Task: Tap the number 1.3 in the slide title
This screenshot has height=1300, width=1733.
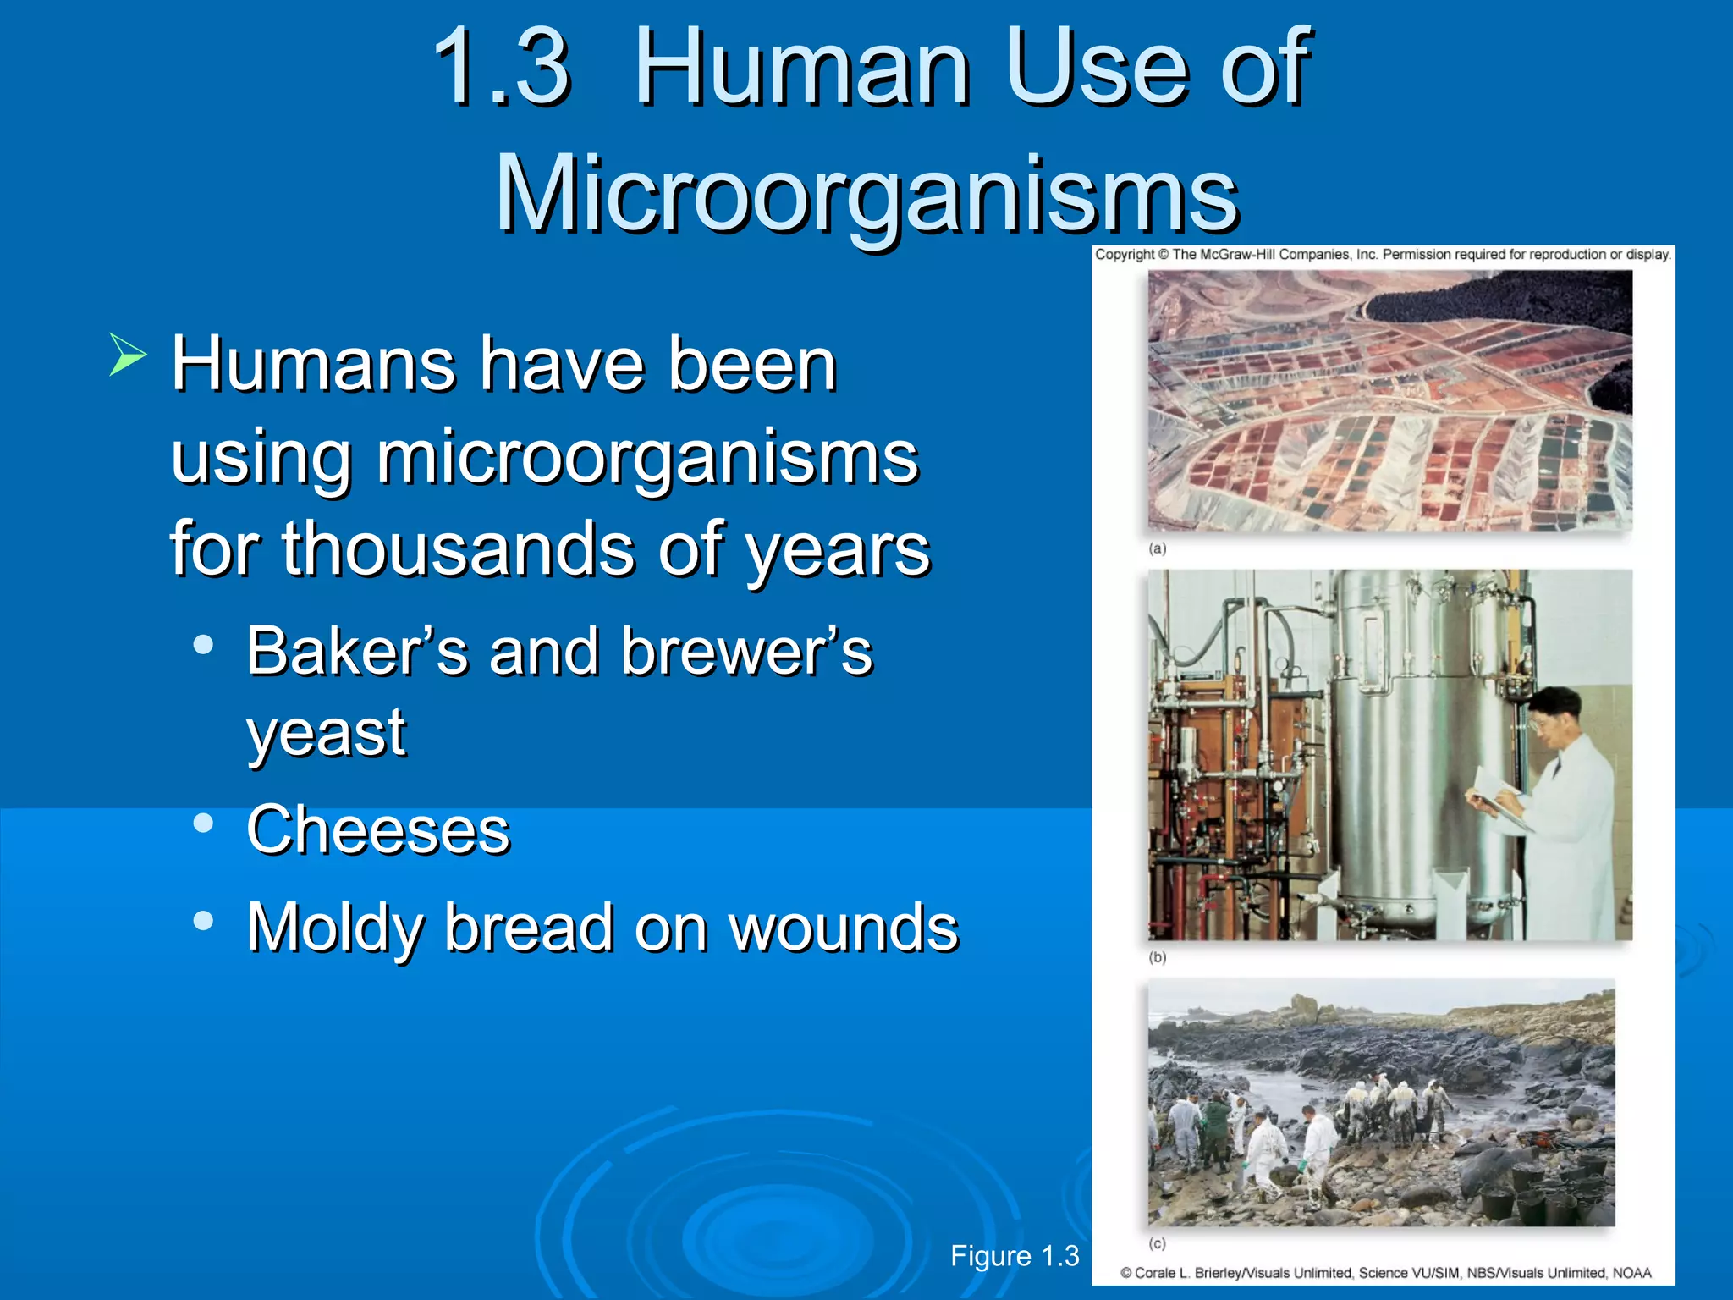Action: pos(501,68)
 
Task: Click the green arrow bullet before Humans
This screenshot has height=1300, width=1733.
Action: pos(127,355)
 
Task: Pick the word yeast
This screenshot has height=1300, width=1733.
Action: pos(326,733)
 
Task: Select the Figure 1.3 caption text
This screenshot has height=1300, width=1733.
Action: pos(1015,1256)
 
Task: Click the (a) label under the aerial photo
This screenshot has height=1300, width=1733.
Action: pos(1158,548)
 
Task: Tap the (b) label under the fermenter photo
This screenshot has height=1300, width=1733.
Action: pos(1158,957)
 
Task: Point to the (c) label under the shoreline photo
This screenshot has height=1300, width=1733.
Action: pos(1158,1243)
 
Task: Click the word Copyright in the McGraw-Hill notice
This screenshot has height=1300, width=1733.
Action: pos(1125,254)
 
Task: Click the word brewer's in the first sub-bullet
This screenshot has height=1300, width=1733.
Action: pos(746,652)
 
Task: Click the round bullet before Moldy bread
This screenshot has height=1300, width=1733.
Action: pos(203,921)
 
